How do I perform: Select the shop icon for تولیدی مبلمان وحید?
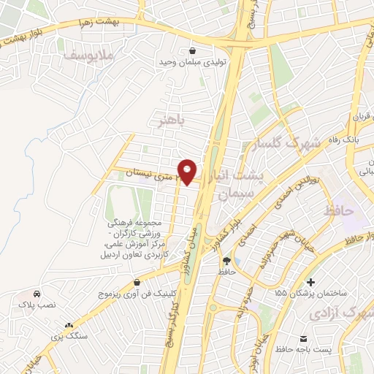[191, 51]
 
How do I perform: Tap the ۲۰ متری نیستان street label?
[150, 173]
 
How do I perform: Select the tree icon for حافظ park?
[226, 260]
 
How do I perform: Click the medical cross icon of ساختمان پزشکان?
[311, 282]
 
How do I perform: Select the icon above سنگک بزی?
[69, 325]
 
